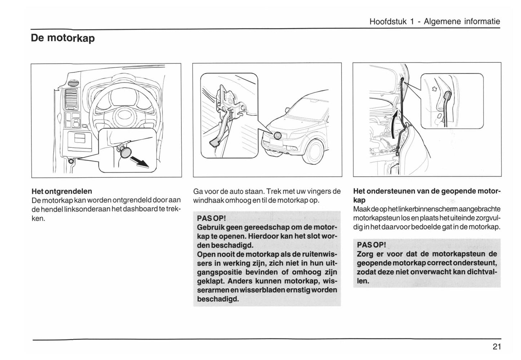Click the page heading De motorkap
(63, 38)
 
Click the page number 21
(496, 347)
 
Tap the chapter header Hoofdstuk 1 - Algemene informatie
(434, 22)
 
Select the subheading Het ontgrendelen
(62, 191)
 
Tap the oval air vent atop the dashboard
(73, 83)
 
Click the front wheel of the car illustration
(312, 152)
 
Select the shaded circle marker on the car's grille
(278, 136)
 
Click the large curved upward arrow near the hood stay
(396, 124)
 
